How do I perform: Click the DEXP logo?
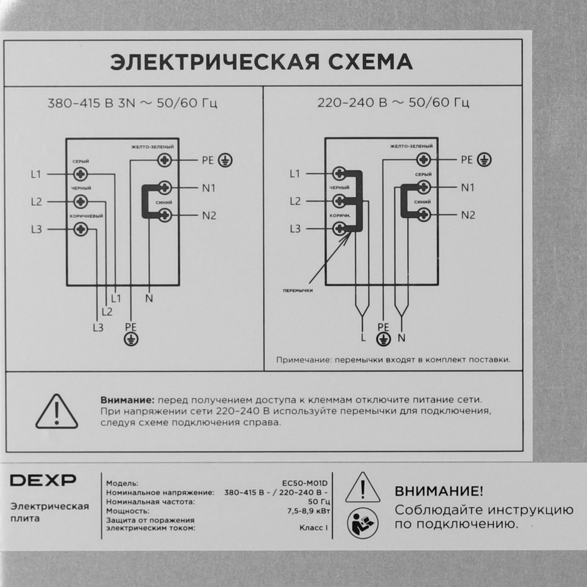click(43, 480)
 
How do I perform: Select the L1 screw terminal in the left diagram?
click(81, 174)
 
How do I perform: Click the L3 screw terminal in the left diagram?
click(81, 229)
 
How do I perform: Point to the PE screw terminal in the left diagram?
click(165, 160)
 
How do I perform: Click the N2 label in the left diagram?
click(209, 216)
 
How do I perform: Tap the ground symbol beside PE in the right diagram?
click(484, 160)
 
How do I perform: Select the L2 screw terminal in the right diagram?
click(339, 201)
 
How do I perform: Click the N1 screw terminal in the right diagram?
click(424, 188)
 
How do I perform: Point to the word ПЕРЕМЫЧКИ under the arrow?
click(298, 291)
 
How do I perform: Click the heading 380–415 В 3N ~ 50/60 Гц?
click(132, 104)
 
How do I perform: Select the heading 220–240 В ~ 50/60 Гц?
click(393, 103)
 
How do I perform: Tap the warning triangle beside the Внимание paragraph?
click(57, 412)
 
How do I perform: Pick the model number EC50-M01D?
click(305, 483)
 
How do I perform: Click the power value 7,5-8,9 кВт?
click(309, 511)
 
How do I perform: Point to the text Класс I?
click(313, 528)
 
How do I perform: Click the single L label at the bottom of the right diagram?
click(363, 338)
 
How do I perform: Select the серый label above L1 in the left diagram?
click(80, 161)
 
